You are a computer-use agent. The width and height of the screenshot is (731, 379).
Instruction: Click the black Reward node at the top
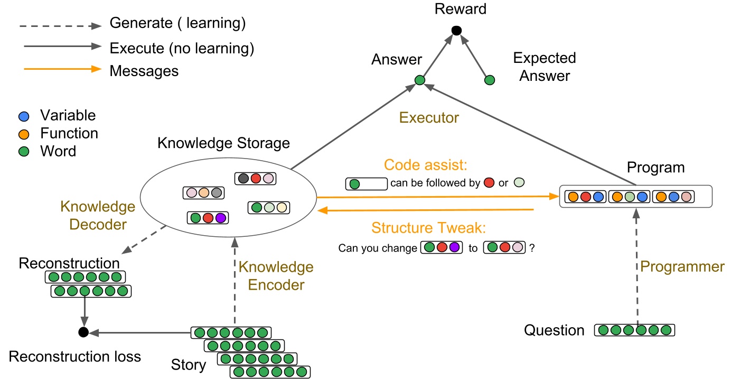[x=457, y=31]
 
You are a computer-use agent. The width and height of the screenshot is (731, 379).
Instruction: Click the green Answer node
[x=419, y=80]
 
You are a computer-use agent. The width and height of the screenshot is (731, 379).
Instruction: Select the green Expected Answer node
[x=490, y=80]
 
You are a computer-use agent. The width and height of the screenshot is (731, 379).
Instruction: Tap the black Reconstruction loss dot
[x=82, y=332]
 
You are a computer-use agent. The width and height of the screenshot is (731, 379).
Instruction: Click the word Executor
[x=429, y=118]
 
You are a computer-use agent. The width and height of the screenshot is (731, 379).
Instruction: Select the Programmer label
[x=682, y=267]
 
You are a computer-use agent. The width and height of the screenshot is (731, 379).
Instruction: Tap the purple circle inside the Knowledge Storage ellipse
[x=220, y=217]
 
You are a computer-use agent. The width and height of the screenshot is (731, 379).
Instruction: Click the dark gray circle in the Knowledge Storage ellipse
[x=243, y=179]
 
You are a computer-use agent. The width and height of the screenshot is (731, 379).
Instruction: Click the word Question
[x=554, y=331]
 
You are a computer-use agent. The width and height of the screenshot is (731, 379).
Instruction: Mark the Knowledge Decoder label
[x=98, y=215]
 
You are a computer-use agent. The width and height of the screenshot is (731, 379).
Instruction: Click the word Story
[x=188, y=365]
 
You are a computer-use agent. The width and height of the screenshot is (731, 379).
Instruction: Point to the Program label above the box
[x=655, y=168]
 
